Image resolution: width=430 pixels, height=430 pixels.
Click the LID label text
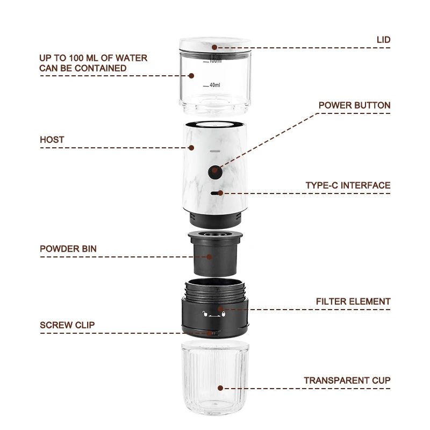[383, 40]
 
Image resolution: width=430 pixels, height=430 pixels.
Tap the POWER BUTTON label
[354, 105]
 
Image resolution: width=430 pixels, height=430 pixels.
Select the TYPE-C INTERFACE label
[348, 185]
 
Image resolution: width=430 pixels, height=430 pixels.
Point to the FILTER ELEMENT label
[353, 302]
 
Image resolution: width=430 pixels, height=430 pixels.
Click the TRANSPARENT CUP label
[347, 381]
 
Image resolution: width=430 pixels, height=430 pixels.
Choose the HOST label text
[52, 140]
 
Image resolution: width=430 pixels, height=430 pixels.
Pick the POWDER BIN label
[68, 249]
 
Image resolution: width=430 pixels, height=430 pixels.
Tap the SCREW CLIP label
[67, 325]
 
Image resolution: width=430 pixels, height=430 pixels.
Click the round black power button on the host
[214, 171]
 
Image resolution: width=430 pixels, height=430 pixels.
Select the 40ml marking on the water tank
[214, 85]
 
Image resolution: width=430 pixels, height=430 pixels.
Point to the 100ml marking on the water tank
[215, 61]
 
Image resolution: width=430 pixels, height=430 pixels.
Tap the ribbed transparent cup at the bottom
[214, 382]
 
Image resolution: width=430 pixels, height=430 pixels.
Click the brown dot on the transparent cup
[220, 388]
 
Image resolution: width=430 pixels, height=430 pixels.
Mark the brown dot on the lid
[214, 47]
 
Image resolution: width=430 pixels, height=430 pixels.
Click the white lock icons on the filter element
[215, 314]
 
